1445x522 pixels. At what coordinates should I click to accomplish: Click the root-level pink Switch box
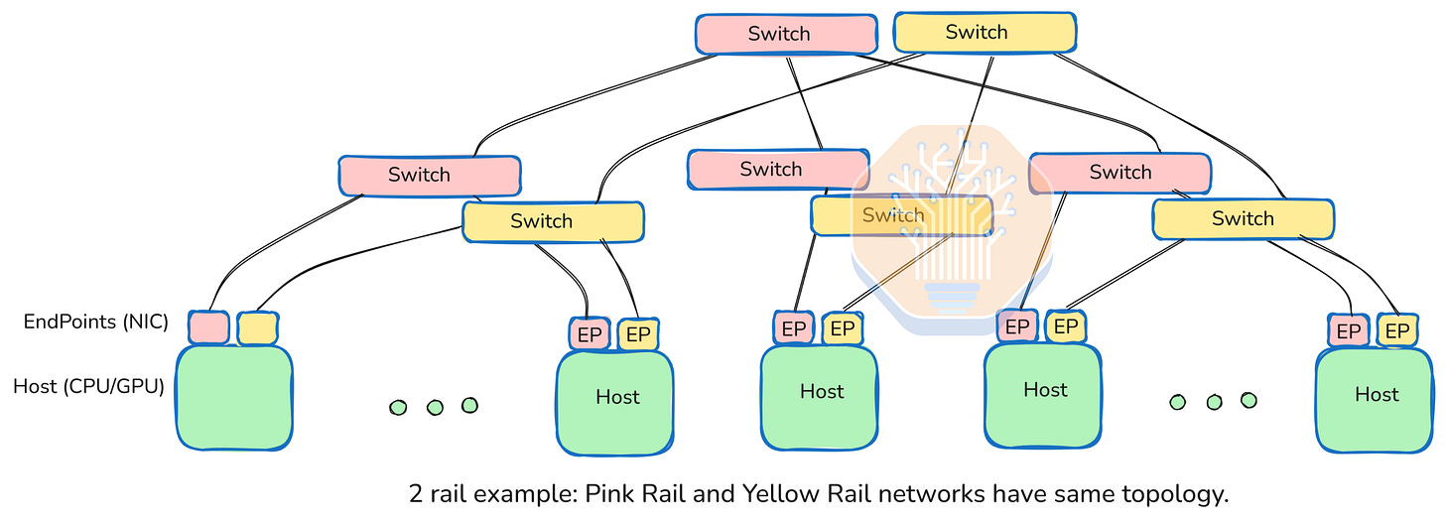click(785, 34)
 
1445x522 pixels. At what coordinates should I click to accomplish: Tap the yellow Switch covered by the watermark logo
click(901, 215)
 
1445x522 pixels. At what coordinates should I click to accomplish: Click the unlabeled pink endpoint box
click(208, 327)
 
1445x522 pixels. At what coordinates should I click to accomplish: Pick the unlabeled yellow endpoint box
click(257, 327)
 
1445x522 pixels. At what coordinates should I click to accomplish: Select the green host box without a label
click(234, 397)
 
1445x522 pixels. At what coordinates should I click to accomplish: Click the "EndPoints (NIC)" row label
click(96, 322)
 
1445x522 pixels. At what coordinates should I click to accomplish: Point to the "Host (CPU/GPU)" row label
click(88, 386)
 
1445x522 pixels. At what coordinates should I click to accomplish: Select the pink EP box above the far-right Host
click(1349, 331)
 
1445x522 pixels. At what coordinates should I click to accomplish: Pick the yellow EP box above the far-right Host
click(1397, 331)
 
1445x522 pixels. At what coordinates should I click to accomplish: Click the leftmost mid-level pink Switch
click(430, 176)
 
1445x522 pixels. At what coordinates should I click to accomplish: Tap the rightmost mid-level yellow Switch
click(1243, 218)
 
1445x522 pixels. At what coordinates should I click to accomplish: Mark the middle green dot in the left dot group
click(434, 407)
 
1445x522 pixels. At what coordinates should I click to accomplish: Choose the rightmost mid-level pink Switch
click(1119, 173)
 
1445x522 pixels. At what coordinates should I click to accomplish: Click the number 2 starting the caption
click(416, 493)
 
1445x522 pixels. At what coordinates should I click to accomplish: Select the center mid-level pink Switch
click(777, 169)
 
